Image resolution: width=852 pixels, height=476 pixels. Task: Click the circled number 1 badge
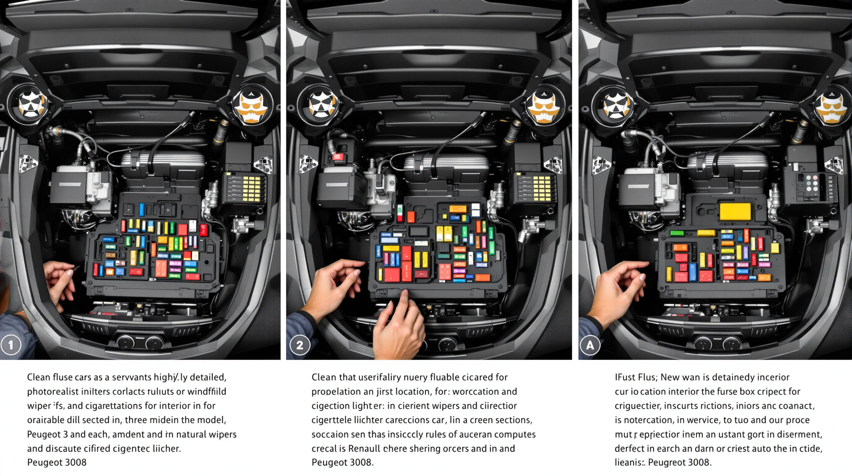point(11,345)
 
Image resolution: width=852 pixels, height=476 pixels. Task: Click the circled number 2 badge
point(300,345)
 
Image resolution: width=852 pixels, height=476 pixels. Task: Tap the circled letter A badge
point(590,345)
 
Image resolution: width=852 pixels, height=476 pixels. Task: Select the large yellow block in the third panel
point(735,212)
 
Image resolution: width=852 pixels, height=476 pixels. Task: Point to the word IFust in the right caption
point(625,377)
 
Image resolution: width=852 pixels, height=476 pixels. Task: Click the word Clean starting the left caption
point(38,377)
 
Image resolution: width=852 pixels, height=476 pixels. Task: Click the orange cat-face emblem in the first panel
point(251,107)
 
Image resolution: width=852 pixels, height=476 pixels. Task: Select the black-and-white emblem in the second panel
point(320,104)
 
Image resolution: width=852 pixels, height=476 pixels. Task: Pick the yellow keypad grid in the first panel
point(252,188)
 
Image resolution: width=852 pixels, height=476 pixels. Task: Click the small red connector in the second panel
point(338,156)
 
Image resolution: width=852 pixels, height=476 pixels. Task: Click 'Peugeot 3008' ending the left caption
point(57,462)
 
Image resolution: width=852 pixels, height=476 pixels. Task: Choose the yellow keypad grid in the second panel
point(541,188)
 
